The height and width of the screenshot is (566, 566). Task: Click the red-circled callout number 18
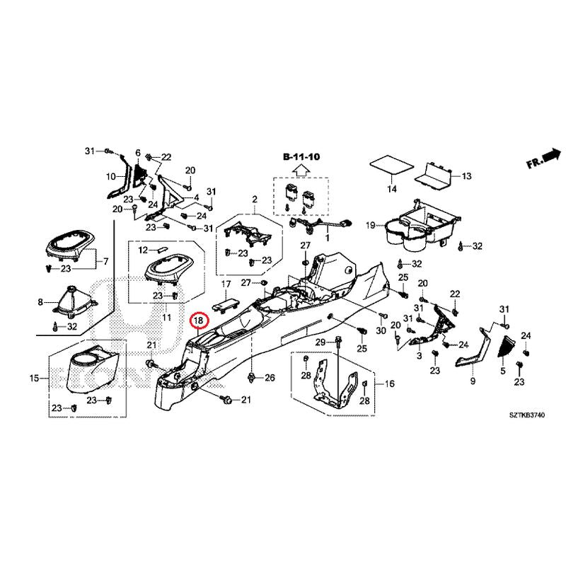pyautogui.click(x=200, y=320)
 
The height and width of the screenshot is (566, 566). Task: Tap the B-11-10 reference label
pyautogui.click(x=300, y=156)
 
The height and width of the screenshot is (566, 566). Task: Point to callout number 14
pyautogui.click(x=391, y=189)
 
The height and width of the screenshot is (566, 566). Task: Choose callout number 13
pyautogui.click(x=466, y=175)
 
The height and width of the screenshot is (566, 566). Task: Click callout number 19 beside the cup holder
pyautogui.click(x=370, y=226)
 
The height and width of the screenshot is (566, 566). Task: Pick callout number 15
pyautogui.click(x=34, y=379)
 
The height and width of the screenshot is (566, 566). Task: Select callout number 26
pyautogui.click(x=269, y=379)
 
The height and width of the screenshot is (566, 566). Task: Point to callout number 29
pyautogui.click(x=319, y=343)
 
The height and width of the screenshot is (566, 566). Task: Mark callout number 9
pyautogui.click(x=473, y=382)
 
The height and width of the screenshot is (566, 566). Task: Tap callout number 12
pyautogui.click(x=142, y=250)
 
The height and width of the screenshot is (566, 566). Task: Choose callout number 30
pyautogui.click(x=380, y=331)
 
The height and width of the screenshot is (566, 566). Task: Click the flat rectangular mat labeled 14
pyautogui.click(x=391, y=166)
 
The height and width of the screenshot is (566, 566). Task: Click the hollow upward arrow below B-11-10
pyautogui.click(x=300, y=170)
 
